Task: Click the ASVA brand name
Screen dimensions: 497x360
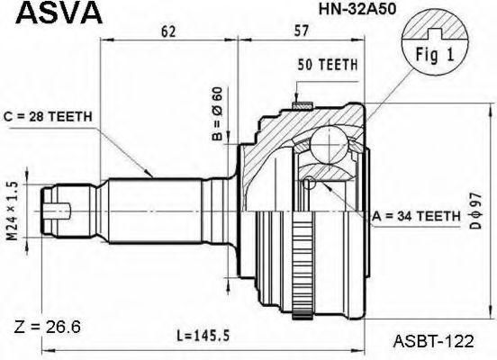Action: coord(59,13)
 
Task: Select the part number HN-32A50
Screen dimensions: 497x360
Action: coord(357,10)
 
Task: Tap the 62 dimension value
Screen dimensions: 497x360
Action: coord(168,31)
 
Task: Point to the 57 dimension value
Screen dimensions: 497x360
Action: coord(301,31)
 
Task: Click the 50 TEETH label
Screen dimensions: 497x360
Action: coord(328,65)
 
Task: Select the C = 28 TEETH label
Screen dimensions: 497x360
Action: coord(48,117)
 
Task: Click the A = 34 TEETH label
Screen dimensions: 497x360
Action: coord(416,216)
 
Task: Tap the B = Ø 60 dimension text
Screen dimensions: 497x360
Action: coord(218,113)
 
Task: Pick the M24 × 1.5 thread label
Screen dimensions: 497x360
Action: coord(13,211)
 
